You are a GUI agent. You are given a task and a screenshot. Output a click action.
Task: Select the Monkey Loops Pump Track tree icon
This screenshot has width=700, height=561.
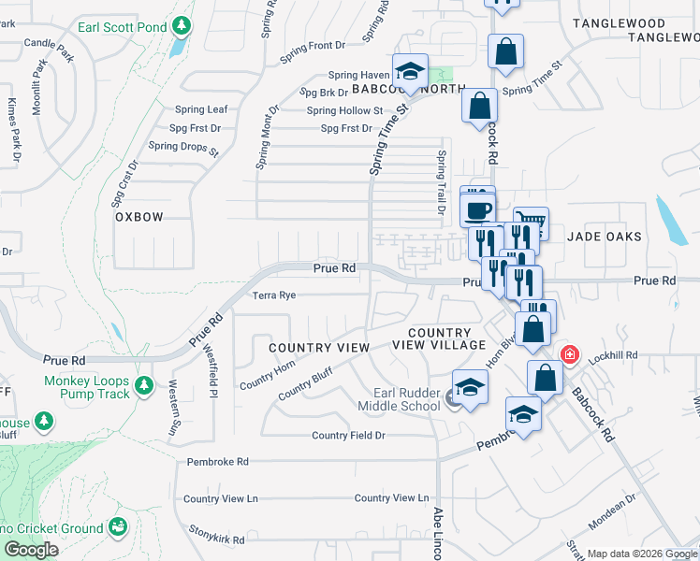(143, 385)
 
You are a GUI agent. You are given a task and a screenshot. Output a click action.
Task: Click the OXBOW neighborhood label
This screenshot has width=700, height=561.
(139, 217)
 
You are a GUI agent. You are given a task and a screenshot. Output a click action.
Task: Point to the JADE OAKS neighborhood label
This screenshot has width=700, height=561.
(605, 237)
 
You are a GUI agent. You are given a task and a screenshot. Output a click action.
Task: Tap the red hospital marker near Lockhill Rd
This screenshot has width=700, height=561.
(568, 355)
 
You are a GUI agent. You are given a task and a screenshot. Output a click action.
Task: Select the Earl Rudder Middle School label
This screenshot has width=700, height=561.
(406, 399)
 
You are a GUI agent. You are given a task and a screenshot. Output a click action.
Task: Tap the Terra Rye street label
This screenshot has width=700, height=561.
(274, 295)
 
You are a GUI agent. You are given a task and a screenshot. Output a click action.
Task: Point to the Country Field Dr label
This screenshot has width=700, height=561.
(348, 436)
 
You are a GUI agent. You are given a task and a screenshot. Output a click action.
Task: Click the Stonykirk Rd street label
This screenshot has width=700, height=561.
(215, 539)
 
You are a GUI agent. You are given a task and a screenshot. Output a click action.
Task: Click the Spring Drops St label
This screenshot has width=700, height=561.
(183, 147)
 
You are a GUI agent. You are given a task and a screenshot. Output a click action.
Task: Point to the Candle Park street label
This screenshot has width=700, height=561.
(49, 44)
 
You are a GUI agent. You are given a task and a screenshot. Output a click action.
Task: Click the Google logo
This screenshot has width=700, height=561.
(32, 550)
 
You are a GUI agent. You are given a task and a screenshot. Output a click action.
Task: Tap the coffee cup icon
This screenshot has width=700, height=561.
(479, 209)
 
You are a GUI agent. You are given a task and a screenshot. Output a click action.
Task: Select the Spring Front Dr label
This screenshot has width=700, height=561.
(313, 45)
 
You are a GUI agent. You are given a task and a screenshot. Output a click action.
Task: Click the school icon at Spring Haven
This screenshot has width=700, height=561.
(410, 71)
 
